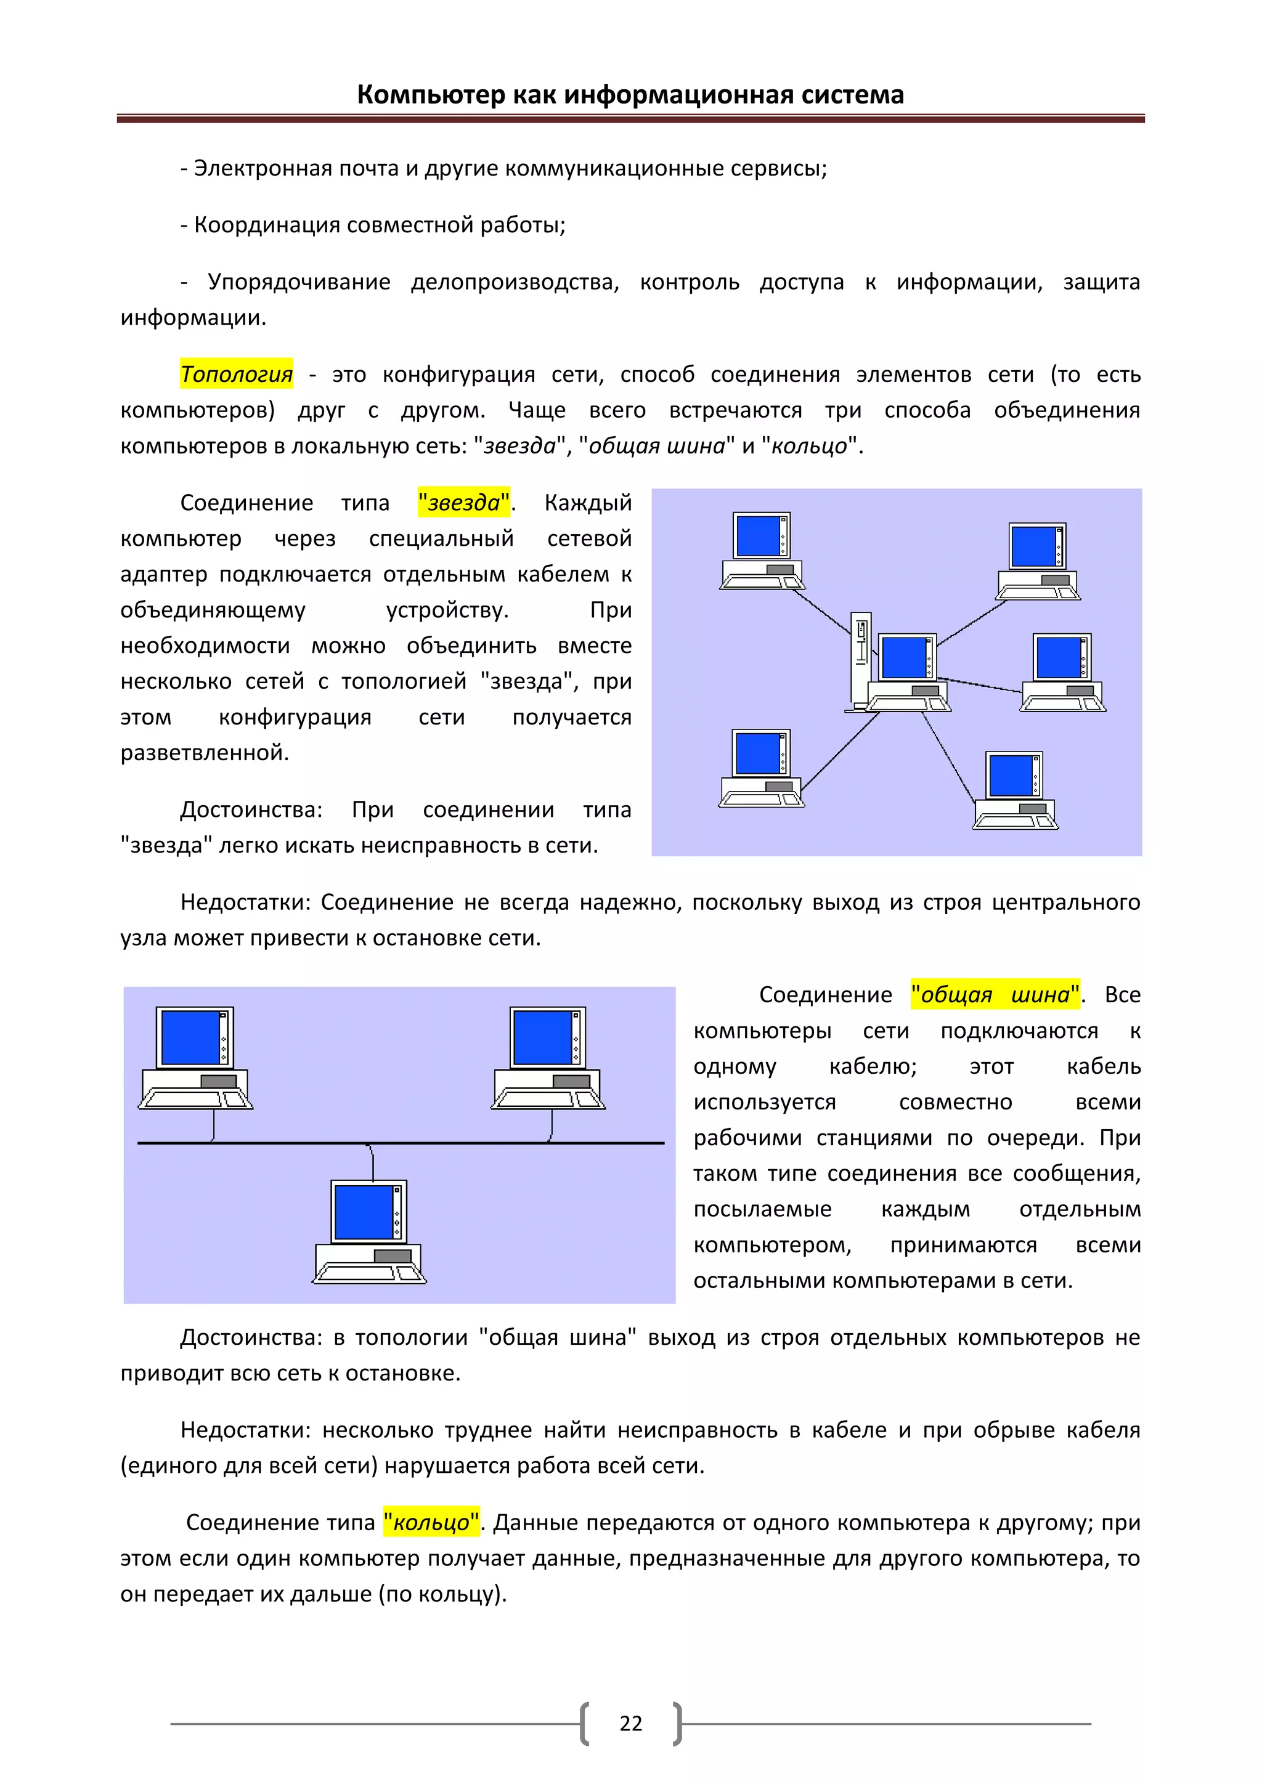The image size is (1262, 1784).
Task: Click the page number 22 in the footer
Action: point(630,1724)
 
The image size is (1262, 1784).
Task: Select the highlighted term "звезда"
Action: point(464,503)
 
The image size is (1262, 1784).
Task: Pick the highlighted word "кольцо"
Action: point(431,1522)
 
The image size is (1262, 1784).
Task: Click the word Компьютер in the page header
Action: point(431,95)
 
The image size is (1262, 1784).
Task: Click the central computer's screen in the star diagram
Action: point(904,657)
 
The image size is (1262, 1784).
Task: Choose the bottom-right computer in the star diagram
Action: point(1015,790)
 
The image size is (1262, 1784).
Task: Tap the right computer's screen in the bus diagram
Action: point(543,1037)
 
